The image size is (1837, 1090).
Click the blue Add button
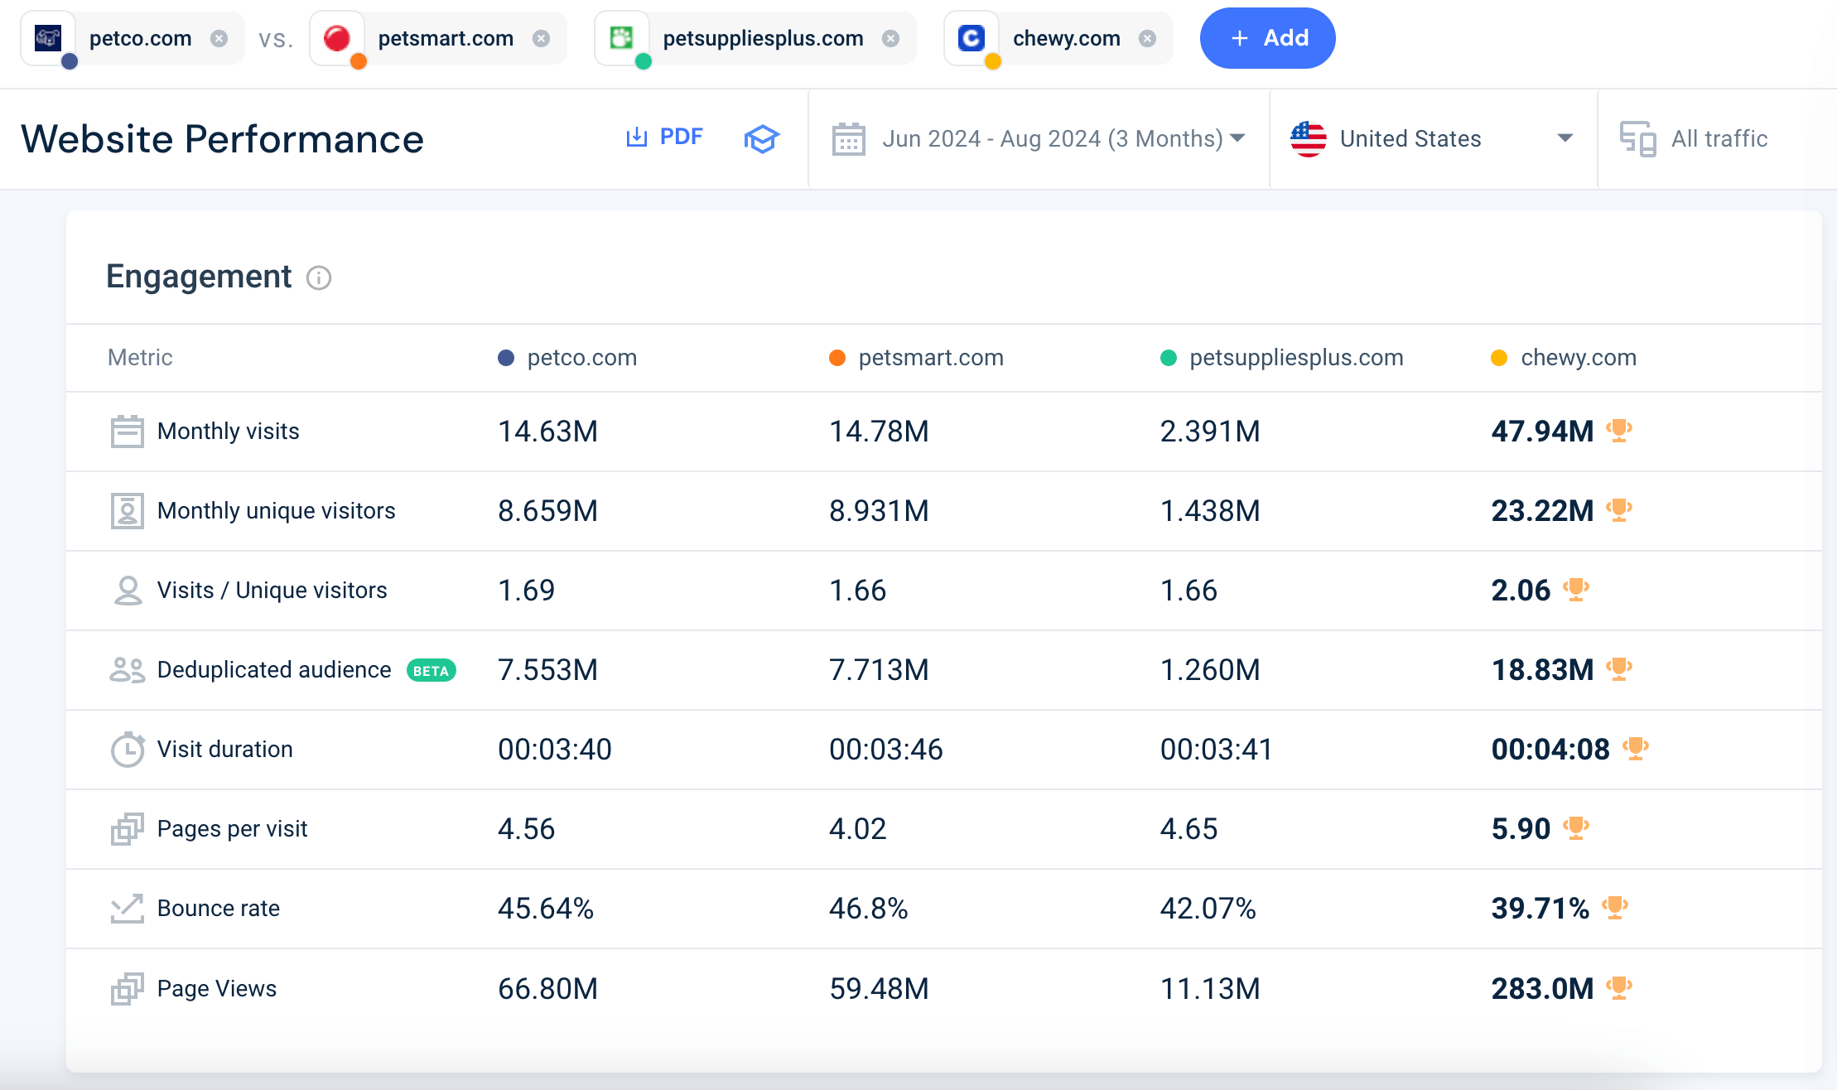pyautogui.click(x=1267, y=38)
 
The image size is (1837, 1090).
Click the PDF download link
pyautogui.click(x=664, y=137)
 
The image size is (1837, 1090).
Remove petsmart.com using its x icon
pyautogui.click(x=541, y=38)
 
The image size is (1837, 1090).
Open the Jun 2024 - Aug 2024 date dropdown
pyautogui.click(x=1039, y=138)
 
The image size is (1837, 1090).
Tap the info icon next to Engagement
pyautogui.click(x=319, y=277)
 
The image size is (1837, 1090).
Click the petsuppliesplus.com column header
pyautogui.click(x=1295, y=358)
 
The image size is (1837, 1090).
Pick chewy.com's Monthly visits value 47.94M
pyautogui.click(x=1542, y=432)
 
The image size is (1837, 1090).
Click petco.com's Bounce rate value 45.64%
pyautogui.click(x=546, y=909)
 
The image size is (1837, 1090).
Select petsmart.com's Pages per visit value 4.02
pyautogui.click(x=858, y=829)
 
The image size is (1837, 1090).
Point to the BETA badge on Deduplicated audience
pyautogui.click(x=431, y=671)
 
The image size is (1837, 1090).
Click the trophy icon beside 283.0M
pyautogui.click(x=1619, y=987)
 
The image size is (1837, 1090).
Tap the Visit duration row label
pyautogui.click(x=224, y=750)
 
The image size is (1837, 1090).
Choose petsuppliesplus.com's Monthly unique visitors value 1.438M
pyautogui.click(x=1210, y=511)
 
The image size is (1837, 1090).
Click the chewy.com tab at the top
pyautogui.click(x=1066, y=38)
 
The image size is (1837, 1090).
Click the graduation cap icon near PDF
pyautogui.click(x=761, y=138)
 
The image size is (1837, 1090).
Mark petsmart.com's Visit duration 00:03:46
pyautogui.click(x=886, y=750)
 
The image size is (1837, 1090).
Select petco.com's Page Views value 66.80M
pyautogui.click(x=547, y=989)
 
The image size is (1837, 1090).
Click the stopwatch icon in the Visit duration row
pyautogui.click(x=128, y=750)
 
